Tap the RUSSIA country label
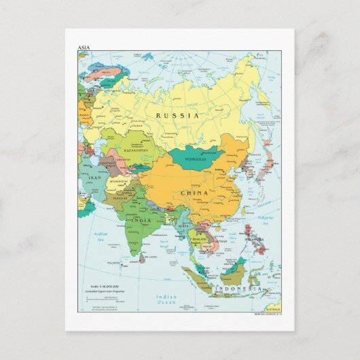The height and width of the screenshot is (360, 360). tap(177, 115)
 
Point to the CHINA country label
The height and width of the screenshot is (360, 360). tap(194, 193)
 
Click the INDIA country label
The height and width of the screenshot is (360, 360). tap(141, 221)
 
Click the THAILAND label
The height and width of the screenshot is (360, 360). tap(200, 239)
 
